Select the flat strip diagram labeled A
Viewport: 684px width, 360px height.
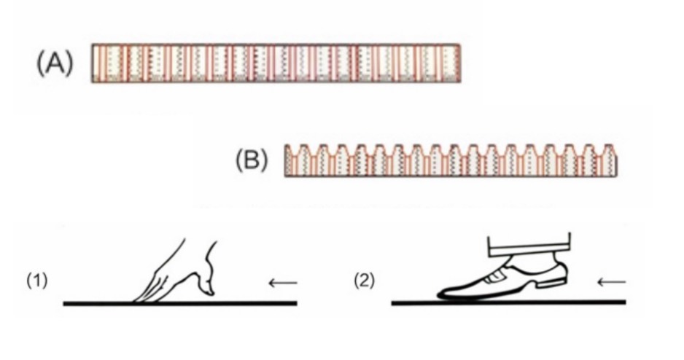point(276,63)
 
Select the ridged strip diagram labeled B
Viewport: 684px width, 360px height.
point(452,163)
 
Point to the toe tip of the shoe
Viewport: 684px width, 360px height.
point(442,294)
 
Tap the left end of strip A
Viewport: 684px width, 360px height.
point(95,63)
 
